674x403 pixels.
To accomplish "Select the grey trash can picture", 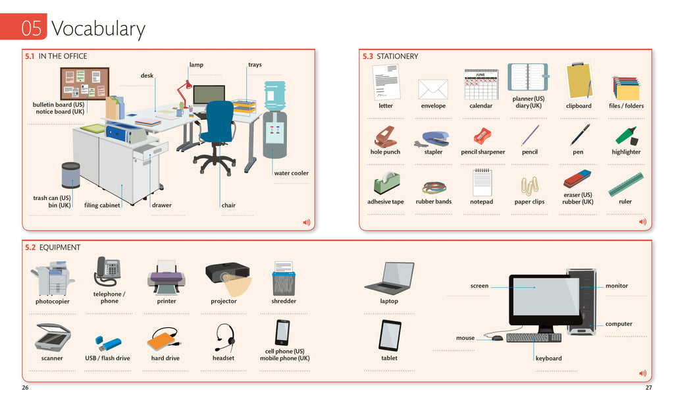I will point(70,176).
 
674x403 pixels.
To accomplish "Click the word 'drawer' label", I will point(162,205).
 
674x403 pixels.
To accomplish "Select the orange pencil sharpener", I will point(482,136).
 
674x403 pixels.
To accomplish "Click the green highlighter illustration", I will point(626,135).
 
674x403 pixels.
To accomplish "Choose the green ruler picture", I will point(625,184).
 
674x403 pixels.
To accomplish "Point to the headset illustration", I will point(224,337).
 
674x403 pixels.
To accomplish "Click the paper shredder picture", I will point(284,279).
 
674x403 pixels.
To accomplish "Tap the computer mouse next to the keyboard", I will point(497,338).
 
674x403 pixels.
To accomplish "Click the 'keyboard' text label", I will point(548,358).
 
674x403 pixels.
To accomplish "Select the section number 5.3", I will point(367,57).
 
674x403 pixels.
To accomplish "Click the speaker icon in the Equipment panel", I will point(642,373).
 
